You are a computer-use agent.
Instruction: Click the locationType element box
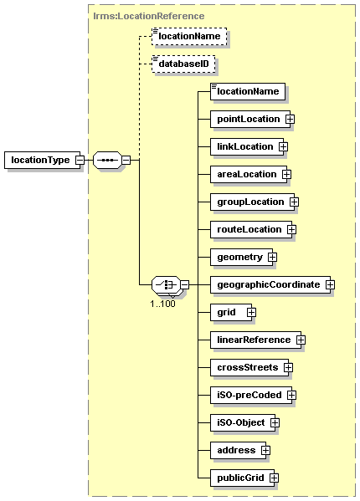tap(42, 160)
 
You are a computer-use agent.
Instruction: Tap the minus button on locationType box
tap(80, 160)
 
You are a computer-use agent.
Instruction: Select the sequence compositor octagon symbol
tap(107, 160)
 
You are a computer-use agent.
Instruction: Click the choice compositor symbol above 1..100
tap(166, 284)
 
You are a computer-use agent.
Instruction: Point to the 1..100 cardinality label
tap(162, 304)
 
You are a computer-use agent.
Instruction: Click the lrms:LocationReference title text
tap(149, 16)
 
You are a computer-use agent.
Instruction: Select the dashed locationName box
tap(189, 37)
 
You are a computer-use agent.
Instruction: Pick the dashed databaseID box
tap(183, 64)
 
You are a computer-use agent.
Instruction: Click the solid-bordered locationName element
tap(248, 92)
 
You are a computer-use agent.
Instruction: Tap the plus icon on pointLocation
tap(290, 119)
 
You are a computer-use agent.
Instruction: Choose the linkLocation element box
tap(247, 147)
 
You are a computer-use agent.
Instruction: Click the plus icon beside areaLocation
tap(286, 175)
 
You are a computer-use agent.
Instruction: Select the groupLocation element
tap(252, 202)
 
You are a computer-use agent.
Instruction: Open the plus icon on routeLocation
tap(291, 230)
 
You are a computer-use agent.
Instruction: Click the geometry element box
tap(241, 258)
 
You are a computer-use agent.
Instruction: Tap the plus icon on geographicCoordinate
tap(330, 284)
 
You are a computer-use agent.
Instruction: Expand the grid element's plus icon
tap(251, 313)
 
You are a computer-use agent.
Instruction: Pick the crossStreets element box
tap(249, 367)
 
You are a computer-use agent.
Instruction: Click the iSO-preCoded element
tap(251, 396)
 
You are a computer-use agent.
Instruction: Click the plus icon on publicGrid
tap(274, 478)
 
